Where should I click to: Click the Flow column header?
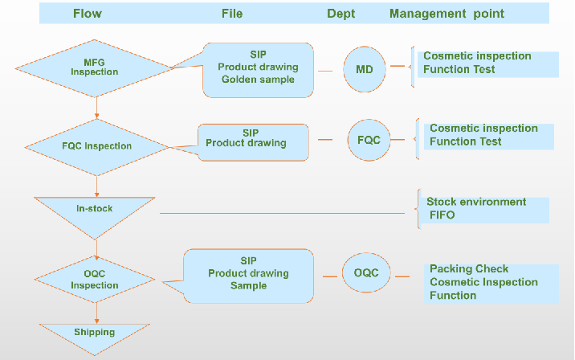pos(88,13)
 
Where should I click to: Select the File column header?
pos(232,13)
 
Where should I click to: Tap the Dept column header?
pos(341,13)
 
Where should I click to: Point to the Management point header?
pos(447,13)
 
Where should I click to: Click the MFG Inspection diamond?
pos(95,67)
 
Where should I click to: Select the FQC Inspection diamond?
pos(97,146)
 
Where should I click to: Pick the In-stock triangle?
pos(95,211)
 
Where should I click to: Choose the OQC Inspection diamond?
pos(95,279)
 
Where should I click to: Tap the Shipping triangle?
pos(95,333)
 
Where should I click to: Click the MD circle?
pos(365,69)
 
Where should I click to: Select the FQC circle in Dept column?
pos(369,139)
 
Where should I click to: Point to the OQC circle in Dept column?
pos(366,273)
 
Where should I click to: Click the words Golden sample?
pos(257,80)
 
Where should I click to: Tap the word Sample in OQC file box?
pos(248,286)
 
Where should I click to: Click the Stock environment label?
pos(476,202)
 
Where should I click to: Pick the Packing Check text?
pos(469,269)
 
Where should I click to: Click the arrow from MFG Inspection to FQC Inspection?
pos(96,108)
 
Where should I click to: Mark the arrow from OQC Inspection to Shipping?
pos(96,312)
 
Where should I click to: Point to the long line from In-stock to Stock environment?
pos(281,213)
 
